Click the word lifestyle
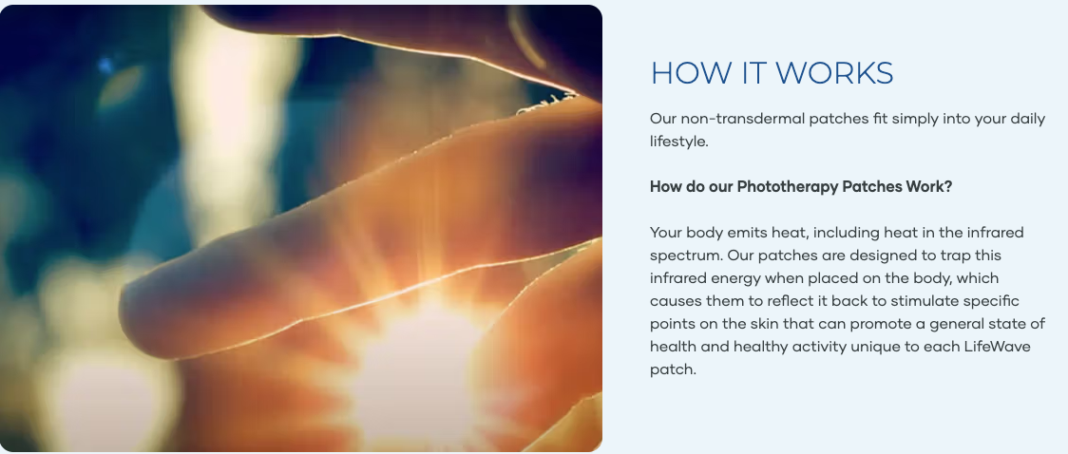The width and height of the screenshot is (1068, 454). click(x=679, y=142)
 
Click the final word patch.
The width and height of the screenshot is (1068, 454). click(x=673, y=370)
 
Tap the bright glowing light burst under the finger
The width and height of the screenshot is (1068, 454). click(x=416, y=368)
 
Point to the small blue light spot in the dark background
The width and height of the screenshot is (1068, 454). click(x=105, y=66)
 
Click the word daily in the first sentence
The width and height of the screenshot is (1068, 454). click(x=1027, y=119)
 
